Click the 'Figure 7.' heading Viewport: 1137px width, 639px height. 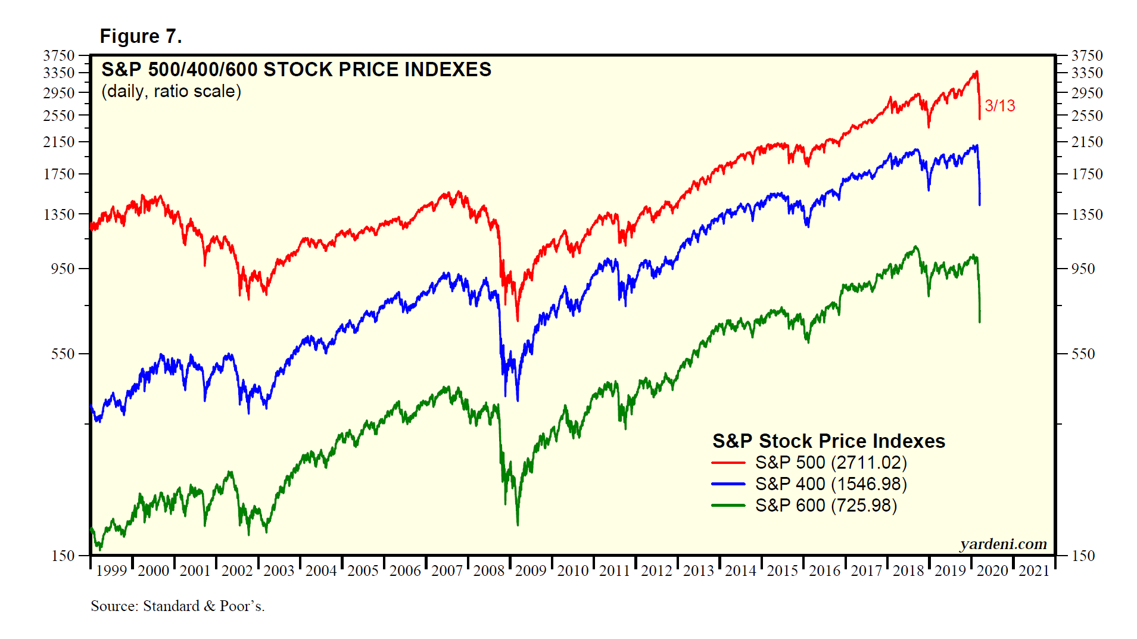point(141,36)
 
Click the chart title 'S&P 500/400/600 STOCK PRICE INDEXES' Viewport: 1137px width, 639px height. point(296,70)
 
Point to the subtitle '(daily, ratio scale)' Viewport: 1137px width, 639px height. point(171,91)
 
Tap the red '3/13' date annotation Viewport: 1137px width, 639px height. point(999,105)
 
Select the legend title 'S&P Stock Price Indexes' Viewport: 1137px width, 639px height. point(828,441)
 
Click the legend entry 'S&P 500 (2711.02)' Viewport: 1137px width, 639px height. point(831,462)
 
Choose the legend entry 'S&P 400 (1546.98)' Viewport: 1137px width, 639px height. point(831,484)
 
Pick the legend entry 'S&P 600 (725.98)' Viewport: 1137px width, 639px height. point(826,505)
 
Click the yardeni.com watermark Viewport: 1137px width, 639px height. point(1003,544)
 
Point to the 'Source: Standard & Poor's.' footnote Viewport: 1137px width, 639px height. point(177,606)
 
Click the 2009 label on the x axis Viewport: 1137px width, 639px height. point(531,571)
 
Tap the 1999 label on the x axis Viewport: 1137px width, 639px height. point(111,571)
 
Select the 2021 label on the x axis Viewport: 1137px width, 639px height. point(1034,571)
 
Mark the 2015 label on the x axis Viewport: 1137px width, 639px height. point(782,571)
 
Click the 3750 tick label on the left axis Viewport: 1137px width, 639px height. point(58,55)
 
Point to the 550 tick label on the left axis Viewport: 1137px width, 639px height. point(63,354)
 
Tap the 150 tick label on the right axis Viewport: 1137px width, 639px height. point(1083,556)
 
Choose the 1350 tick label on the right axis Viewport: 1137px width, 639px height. point(1087,214)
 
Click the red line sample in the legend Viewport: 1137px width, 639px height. point(728,463)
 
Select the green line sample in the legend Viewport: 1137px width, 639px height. point(728,506)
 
